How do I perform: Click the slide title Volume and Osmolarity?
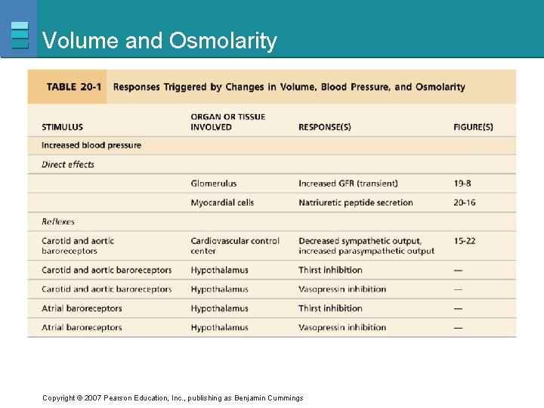point(160,41)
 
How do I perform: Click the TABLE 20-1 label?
point(74,87)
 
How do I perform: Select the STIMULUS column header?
point(63,127)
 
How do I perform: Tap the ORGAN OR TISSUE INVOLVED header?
point(228,122)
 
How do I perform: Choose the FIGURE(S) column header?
point(473,127)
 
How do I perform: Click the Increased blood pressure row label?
point(91,145)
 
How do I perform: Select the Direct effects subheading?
point(68,164)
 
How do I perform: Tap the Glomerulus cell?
point(214,184)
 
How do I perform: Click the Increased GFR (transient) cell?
point(348,184)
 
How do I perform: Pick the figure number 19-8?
point(462,184)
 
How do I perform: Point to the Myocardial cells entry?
point(222,202)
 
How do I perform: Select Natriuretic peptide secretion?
point(356,202)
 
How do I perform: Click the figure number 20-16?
point(465,202)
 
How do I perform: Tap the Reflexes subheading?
point(58,221)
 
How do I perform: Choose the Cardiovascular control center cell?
point(235,246)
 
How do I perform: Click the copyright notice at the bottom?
point(173,398)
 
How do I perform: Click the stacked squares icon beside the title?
point(20,35)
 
